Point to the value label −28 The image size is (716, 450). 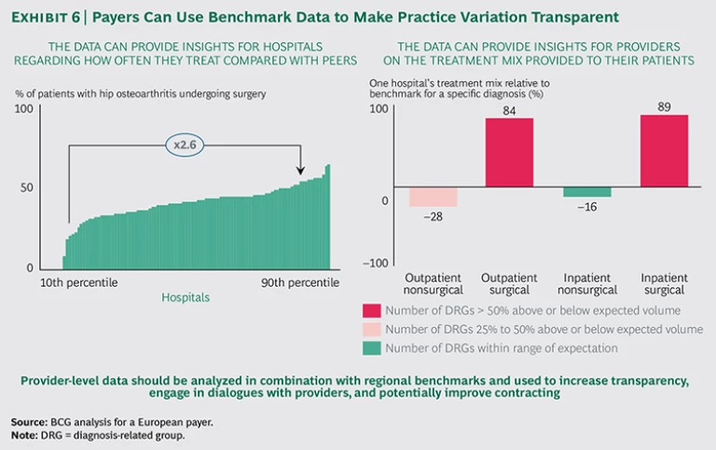tap(433, 217)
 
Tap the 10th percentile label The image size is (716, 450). tap(78, 282)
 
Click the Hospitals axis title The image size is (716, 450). tap(186, 298)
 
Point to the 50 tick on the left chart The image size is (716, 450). tap(27, 187)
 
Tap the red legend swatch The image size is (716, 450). tap(371, 310)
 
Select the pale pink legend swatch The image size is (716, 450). tap(371, 329)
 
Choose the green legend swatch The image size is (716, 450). tap(371, 348)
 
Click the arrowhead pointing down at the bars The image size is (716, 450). tap(301, 170)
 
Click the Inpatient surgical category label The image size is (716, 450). tap(664, 284)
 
